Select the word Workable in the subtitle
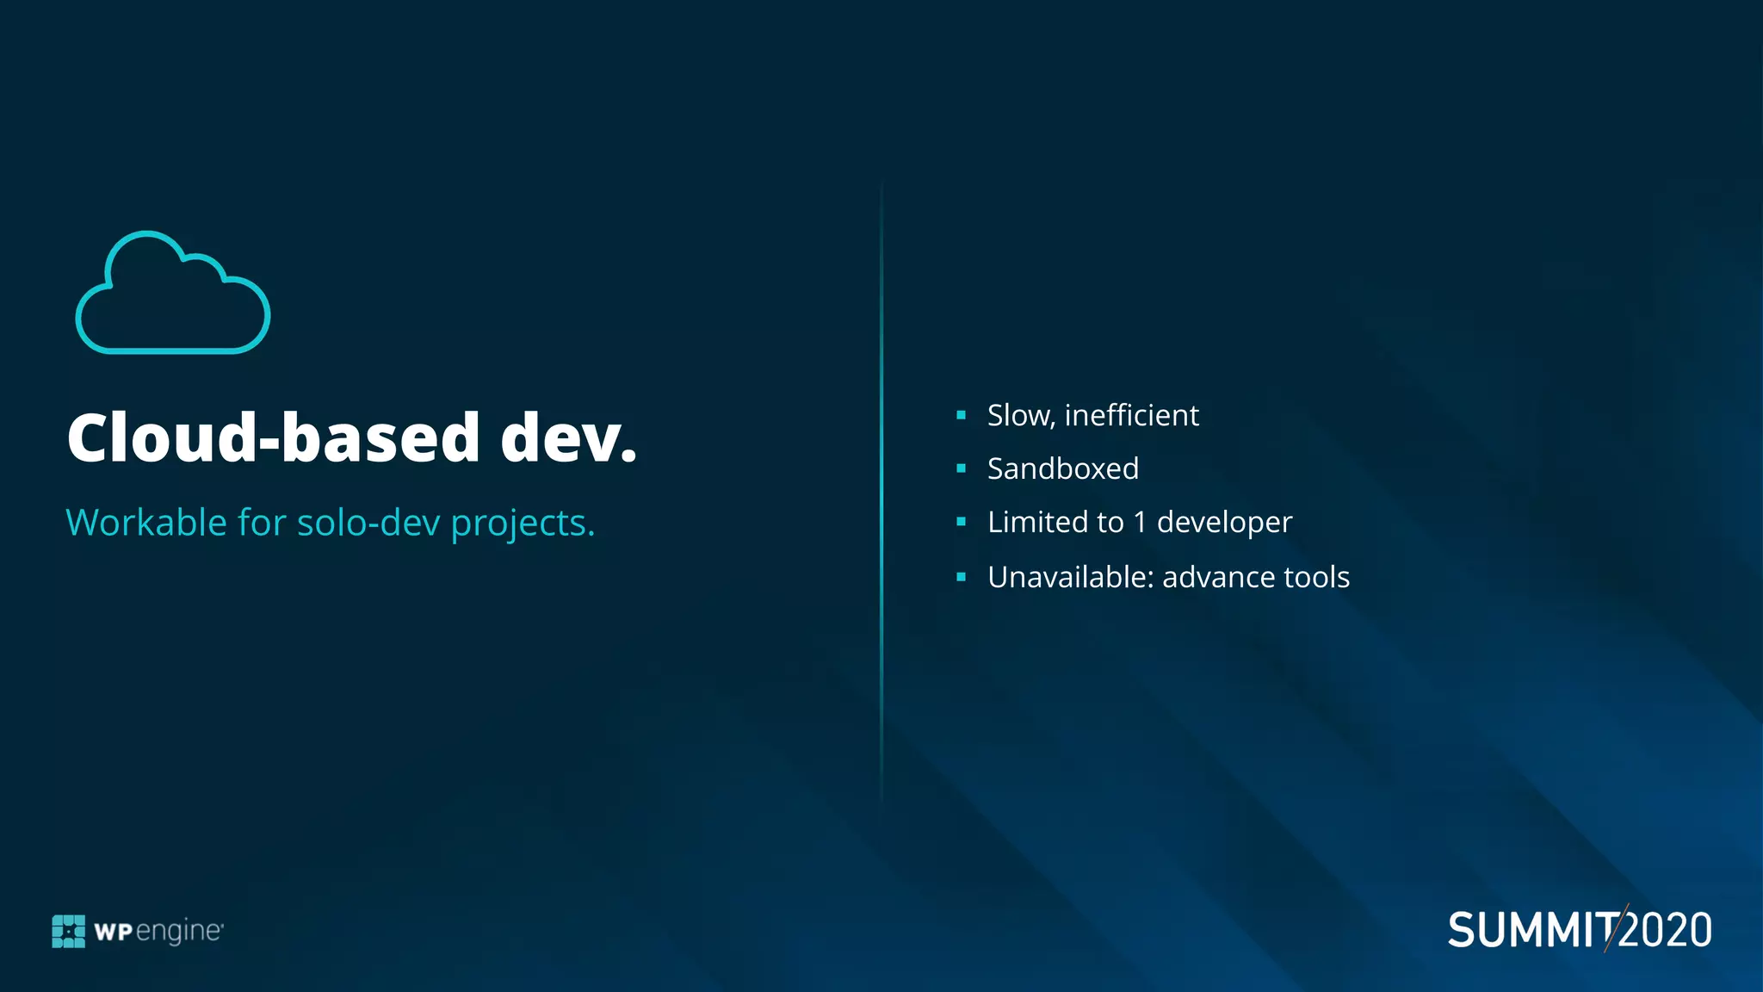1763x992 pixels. coord(146,523)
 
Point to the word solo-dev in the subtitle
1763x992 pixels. coord(368,523)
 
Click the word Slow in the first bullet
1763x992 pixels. coord(1021,416)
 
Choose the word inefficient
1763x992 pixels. coord(1131,415)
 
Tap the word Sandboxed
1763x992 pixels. coord(1063,469)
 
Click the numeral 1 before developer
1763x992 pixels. coord(1140,522)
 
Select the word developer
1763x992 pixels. coord(1224,524)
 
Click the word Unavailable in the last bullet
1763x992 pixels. coord(1070,577)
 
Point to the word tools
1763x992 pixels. coord(1316,577)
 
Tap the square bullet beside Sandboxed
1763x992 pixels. coord(961,468)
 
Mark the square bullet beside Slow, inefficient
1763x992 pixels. coord(961,415)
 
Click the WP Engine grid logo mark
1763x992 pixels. coord(69,931)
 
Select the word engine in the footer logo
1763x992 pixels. coord(179,932)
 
